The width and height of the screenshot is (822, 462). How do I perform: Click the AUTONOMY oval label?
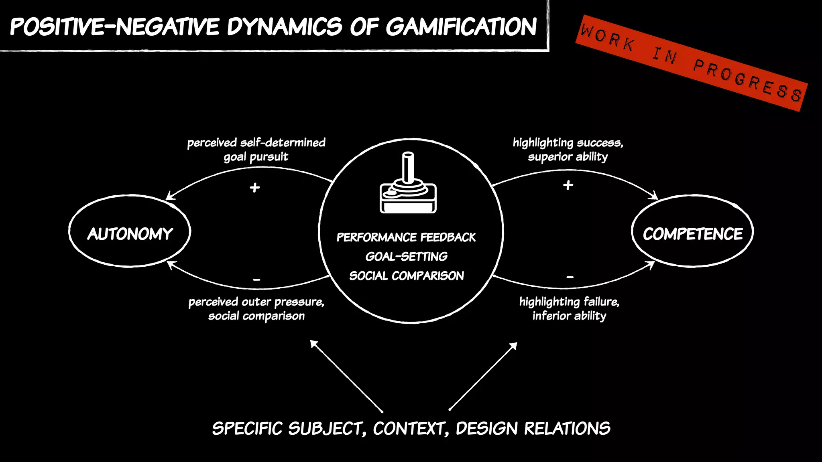[x=130, y=234]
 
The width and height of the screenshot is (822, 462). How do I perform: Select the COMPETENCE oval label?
[x=693, y=234]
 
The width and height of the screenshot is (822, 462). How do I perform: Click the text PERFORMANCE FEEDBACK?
[x=406, y=237]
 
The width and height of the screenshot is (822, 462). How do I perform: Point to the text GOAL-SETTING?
[x=406, y=257]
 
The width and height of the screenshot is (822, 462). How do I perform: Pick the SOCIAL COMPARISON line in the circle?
[x=406, y=276]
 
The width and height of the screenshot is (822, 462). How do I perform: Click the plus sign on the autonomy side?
[x=255, y=187]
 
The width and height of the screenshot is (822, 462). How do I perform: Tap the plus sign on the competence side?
[x=568, y=185]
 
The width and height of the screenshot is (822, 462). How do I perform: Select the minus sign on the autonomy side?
[x=257, y=279]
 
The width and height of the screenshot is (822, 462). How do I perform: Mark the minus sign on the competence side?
[x=570, y=277]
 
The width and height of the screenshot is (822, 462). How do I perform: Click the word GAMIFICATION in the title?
[x=461, y=27]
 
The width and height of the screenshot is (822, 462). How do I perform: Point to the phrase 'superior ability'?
[x=568, y=157]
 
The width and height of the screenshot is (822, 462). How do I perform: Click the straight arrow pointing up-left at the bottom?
[x=346, y=376]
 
